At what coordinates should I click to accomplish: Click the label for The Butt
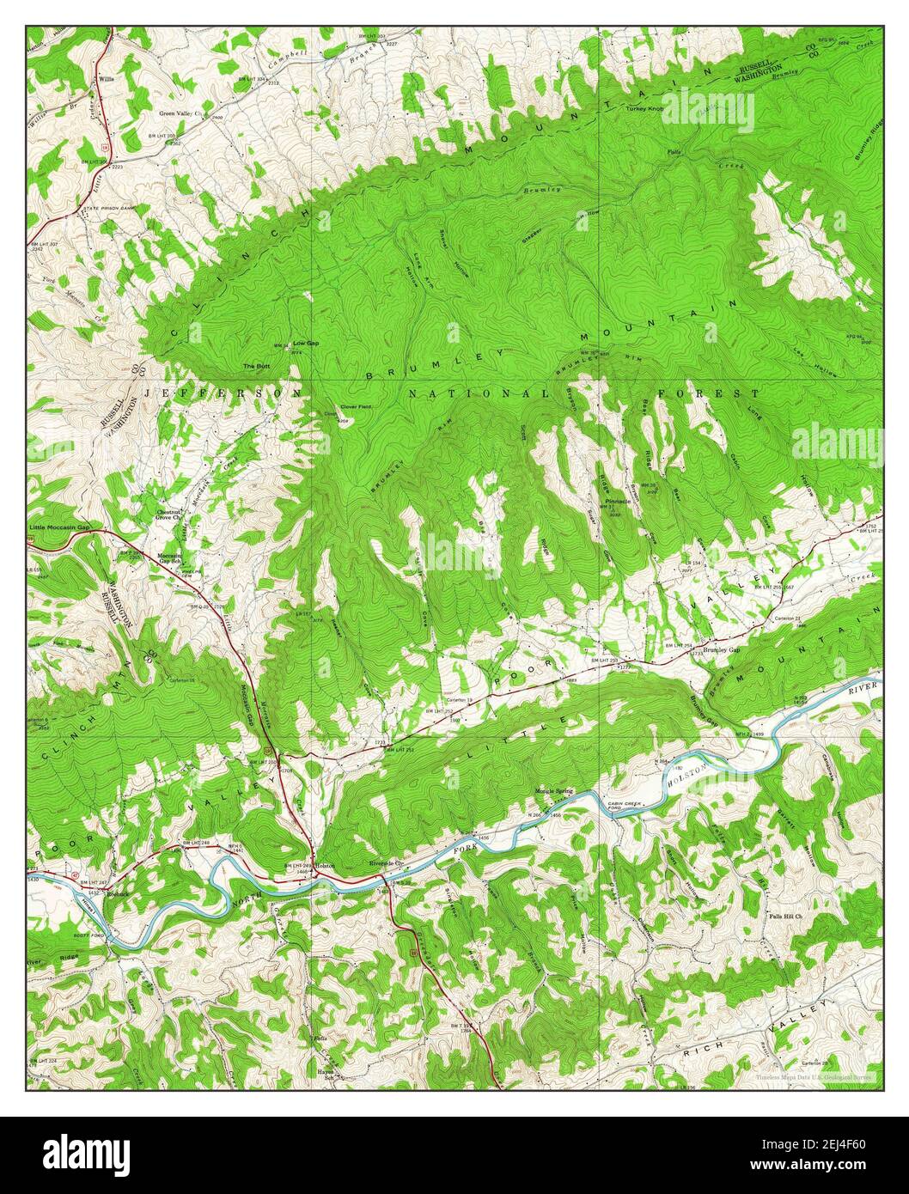point(255,366)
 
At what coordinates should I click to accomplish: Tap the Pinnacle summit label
point(617,501)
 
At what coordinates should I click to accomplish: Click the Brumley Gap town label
point(721,650)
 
